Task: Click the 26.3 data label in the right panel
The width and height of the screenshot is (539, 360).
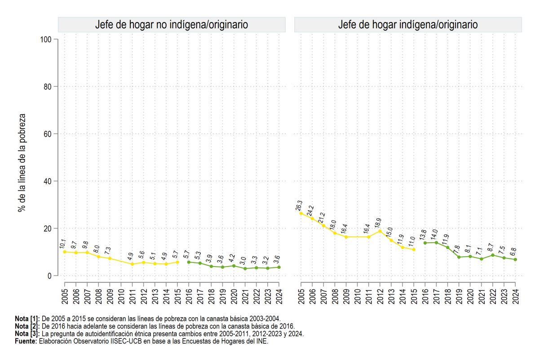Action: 299,206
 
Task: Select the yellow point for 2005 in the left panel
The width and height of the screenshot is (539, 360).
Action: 65,252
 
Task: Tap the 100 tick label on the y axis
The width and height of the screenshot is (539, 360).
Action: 46,39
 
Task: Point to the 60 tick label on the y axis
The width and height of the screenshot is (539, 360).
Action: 48,134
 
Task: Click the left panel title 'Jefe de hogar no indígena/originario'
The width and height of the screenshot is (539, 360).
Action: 172,25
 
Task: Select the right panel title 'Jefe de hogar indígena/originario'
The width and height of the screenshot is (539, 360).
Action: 408,25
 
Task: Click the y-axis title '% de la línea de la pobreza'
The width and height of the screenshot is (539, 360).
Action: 22,163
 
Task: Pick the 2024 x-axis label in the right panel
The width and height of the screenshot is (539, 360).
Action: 516,297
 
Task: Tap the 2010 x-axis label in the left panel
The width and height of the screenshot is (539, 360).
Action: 121,297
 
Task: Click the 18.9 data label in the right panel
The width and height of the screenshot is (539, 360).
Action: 378,223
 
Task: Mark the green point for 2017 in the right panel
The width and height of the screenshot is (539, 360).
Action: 436,243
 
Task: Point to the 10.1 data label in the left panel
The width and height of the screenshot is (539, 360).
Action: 62,244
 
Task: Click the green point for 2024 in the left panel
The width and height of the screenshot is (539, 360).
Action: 279,267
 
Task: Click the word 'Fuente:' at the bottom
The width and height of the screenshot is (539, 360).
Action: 26,341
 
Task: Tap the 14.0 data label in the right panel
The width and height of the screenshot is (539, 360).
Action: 434,235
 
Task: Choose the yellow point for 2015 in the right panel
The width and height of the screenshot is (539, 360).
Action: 414,249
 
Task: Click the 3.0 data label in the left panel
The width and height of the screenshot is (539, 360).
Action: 243,261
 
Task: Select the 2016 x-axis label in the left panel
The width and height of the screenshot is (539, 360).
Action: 189,297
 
